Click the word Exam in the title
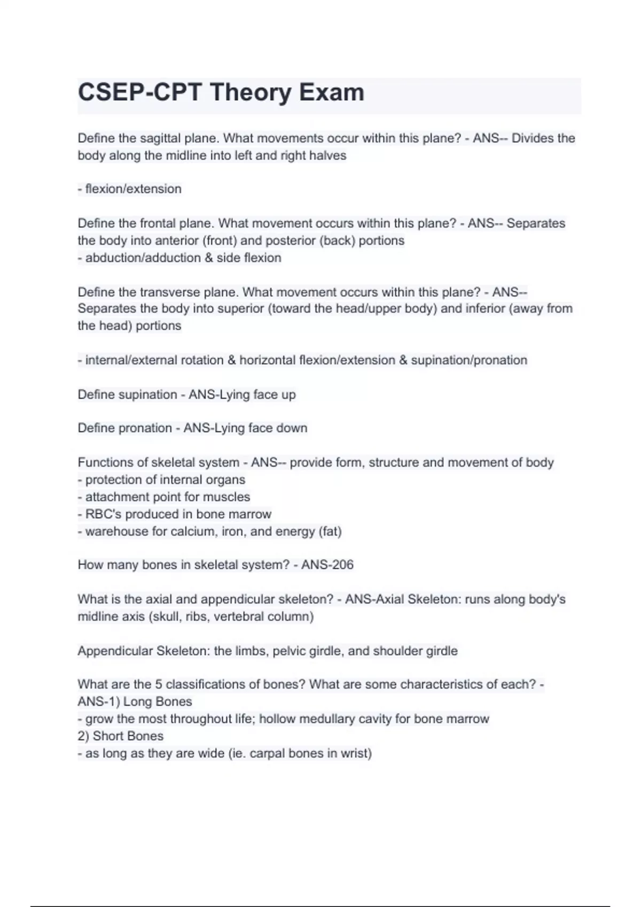click(331, 92)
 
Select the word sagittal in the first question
click(160, 138)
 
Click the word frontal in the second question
click(159, 223)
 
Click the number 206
click(342, 565)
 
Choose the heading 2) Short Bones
click(121, 736)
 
